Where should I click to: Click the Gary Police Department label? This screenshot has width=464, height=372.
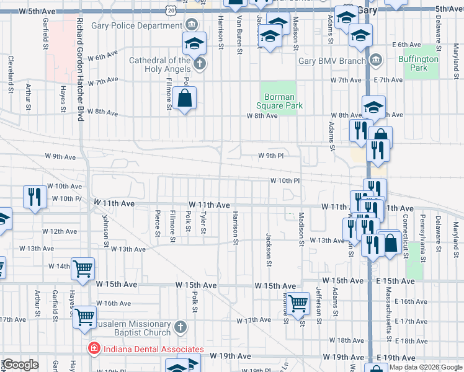136,25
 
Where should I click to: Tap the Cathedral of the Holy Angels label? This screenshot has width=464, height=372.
159,64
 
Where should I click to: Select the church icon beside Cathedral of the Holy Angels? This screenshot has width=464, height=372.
199,64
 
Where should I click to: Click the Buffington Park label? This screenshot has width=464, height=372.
418,63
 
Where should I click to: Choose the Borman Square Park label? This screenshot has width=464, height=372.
283,101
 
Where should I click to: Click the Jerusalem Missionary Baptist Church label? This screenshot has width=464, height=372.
129,324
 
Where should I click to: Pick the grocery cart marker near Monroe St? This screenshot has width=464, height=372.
298,303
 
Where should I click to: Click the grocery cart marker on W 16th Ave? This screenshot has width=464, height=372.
84,316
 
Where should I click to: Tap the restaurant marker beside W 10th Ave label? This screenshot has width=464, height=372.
35,197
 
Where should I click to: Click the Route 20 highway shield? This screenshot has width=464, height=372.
170,10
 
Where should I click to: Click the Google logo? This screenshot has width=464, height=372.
20,365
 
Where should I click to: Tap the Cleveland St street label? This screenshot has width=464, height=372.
11,74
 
